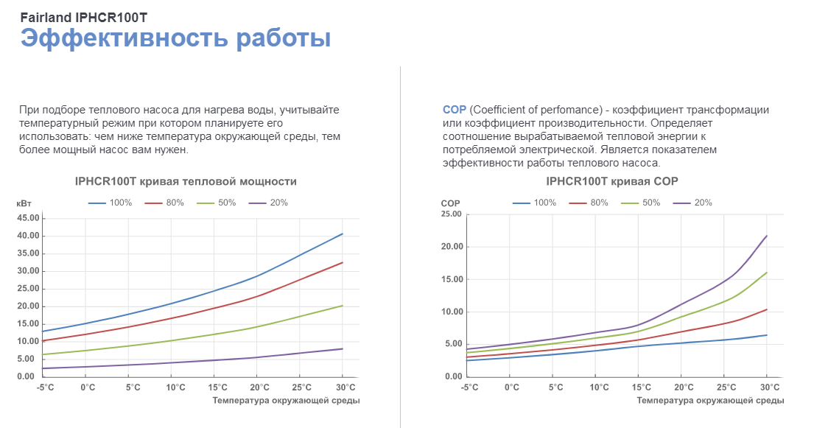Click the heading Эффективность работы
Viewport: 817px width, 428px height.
click(x=175, y=38)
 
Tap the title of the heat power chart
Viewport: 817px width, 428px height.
click(x=186, y=181)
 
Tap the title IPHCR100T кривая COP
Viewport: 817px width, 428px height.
click(x=611, y=181)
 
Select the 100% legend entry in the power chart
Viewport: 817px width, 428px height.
click(x=110, y=203)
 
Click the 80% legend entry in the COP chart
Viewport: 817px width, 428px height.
click(x=589, y=203)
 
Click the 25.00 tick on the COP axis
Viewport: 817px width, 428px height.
click(x=451, y=214)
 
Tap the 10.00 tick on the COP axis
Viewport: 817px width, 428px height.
click(x=451, y=312)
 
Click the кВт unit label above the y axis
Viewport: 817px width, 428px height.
click(x=24, y=203)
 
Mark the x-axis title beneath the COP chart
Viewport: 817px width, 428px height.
click(x=710, y=401)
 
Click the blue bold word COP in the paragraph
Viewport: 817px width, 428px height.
click(x=455, y=110)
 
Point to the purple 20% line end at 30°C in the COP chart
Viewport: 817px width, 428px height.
click(x=767, y=236)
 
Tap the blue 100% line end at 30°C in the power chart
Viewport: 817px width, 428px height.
click(x=343, y=234)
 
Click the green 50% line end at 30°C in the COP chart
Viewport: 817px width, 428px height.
click(x=767, y=273)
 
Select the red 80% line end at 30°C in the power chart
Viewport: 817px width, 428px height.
click(x=343, y=262)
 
